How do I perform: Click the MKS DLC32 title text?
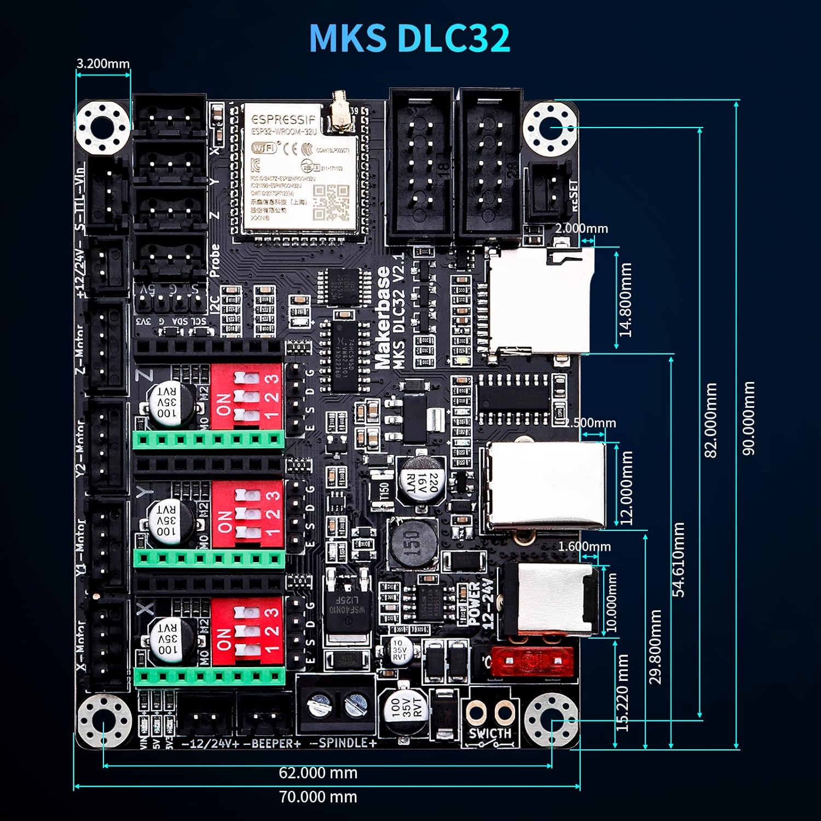pyautogui.click(x=409, y=38)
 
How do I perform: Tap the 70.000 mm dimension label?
pyautogui.click(x=318, y=797)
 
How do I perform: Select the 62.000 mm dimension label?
pyautogui.click(x=318, y=773)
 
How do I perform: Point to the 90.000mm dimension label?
pyautogui.click(x=748, y=418)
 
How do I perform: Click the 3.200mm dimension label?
pyautogui.click(x=103, y=63)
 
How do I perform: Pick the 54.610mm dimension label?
pyautogui.click(x=678, y=559)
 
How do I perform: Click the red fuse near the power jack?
pyautogui.click(x=531, y=661)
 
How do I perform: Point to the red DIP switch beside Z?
pyautogui.click(x=247, y=395)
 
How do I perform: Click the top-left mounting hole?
pyautogui.click(x=103, y=128)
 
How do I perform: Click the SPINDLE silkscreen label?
pyautogui.click(x=343, y=743)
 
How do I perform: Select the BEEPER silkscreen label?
pyautogui.click(x=272, y=744)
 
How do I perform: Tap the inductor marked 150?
pyautogui.click(x=413, y=543)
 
